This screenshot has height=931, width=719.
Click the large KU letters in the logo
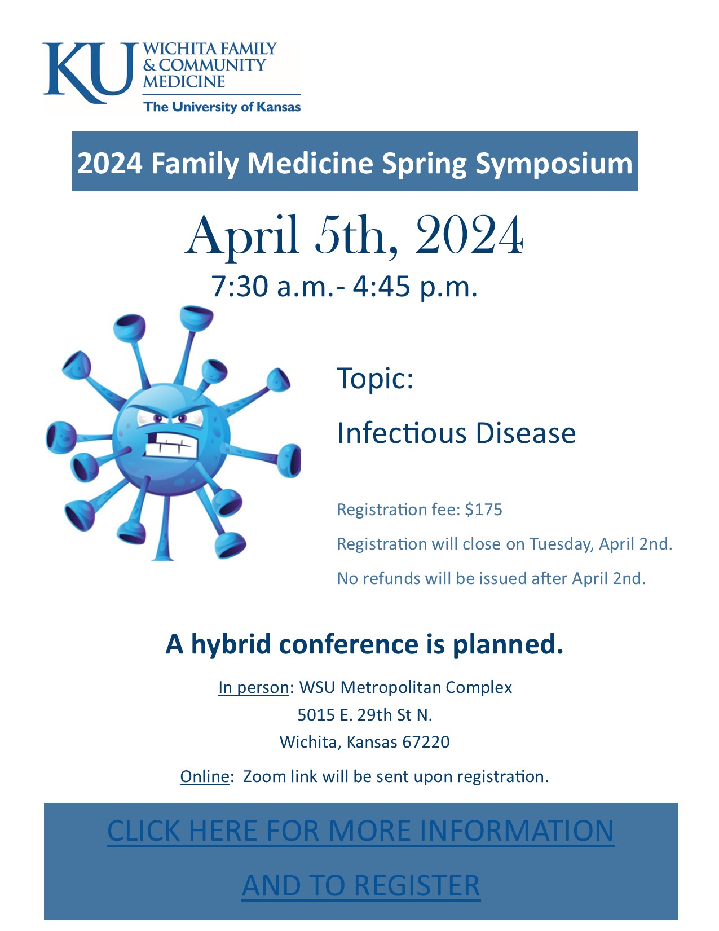[x=89, y=72]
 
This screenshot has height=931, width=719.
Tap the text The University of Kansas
[x=222, y=107]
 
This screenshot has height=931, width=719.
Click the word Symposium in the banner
[x=553, y=164]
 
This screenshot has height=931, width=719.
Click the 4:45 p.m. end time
[x=414, y=287]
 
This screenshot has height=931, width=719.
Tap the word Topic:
[x=375, y=379]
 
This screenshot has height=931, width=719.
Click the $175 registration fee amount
[x=483, y=510]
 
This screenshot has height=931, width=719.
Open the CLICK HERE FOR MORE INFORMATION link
[x=360, y=831]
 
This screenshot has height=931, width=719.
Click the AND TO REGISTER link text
[x=360, y=886]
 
